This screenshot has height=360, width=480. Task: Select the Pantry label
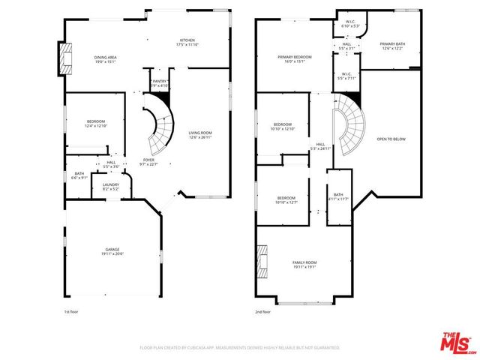point(160,82)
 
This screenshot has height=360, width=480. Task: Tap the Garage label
point(112,251)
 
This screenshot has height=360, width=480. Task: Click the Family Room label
point(304,263)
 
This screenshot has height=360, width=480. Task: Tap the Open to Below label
point(392,139)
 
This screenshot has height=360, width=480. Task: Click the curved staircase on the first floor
point(159,127)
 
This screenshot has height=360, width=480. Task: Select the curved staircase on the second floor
point(349,124)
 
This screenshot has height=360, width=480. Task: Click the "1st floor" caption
point(71,311)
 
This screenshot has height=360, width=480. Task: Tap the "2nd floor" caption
point(263,311)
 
